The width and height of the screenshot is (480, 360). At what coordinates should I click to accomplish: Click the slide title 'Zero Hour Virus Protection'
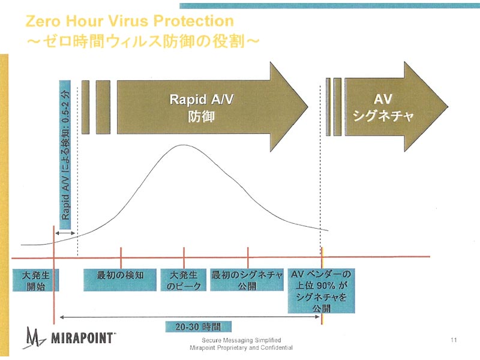(130, 21)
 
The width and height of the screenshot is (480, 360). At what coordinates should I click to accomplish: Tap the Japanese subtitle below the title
(143, 41)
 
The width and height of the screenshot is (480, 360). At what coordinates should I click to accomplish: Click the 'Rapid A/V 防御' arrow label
(202, 108)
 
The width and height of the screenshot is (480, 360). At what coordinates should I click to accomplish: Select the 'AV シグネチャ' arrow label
(383, 107)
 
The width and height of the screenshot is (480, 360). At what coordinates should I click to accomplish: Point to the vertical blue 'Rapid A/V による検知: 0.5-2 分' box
(65, 155)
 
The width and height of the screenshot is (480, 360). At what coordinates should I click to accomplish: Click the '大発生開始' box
(35, 280)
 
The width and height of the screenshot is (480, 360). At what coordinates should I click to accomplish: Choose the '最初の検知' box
(120, 280)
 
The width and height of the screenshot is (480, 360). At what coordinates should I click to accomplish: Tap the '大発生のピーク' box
(184, 280)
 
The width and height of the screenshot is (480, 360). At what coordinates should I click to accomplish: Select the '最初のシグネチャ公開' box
(247, 280)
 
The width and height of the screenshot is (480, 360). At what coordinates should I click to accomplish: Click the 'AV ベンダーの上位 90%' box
(321, 291)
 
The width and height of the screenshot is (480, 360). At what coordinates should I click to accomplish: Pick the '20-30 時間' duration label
(199, 326)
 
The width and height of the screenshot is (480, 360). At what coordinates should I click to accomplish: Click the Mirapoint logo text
(82, 338)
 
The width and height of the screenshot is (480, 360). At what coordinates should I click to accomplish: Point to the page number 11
(454, 340)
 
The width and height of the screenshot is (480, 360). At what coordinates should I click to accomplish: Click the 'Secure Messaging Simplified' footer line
(241, 340)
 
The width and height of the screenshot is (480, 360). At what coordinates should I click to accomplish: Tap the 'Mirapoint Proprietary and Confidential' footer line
(241, 348)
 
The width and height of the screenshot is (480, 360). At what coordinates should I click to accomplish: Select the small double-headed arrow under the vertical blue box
(65, 233)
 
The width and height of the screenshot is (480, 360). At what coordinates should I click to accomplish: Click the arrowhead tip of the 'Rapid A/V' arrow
(308, 107)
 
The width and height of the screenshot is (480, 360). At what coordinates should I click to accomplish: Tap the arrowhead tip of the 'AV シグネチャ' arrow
(448, 107)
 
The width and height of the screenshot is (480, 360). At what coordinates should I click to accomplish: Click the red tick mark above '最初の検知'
(121, 258)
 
